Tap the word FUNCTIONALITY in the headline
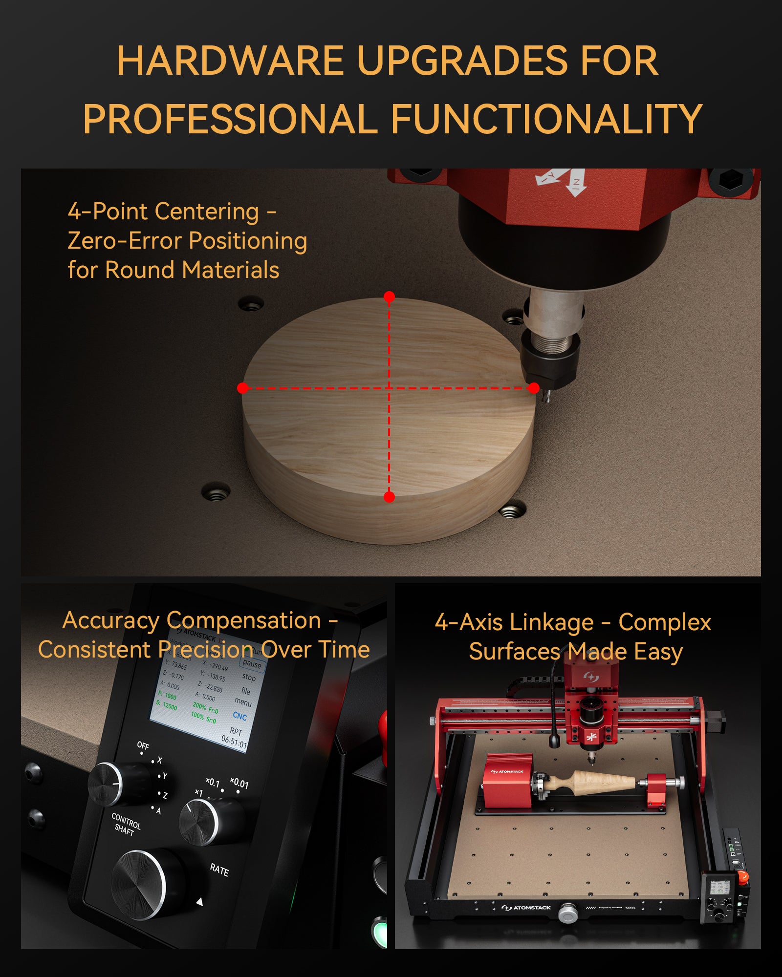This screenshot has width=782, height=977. pos(546,119)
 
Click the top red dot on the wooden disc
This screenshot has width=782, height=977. pos(389,297)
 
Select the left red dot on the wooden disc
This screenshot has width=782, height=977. pos(242,388)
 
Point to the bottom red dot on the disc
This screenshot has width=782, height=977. pos(389,497)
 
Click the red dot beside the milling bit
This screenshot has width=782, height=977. pos(534,388)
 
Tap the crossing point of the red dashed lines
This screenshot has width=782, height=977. pos(389,388)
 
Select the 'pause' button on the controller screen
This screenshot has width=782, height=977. pos(252,664)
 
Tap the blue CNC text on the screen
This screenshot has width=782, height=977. pos(239,716)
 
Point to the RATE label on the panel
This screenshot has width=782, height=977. pos(219,870)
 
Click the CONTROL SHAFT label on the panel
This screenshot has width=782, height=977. pos(126,824)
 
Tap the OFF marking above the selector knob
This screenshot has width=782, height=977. pos(143,745)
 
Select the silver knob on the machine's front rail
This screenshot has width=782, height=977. pos(567,913)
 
